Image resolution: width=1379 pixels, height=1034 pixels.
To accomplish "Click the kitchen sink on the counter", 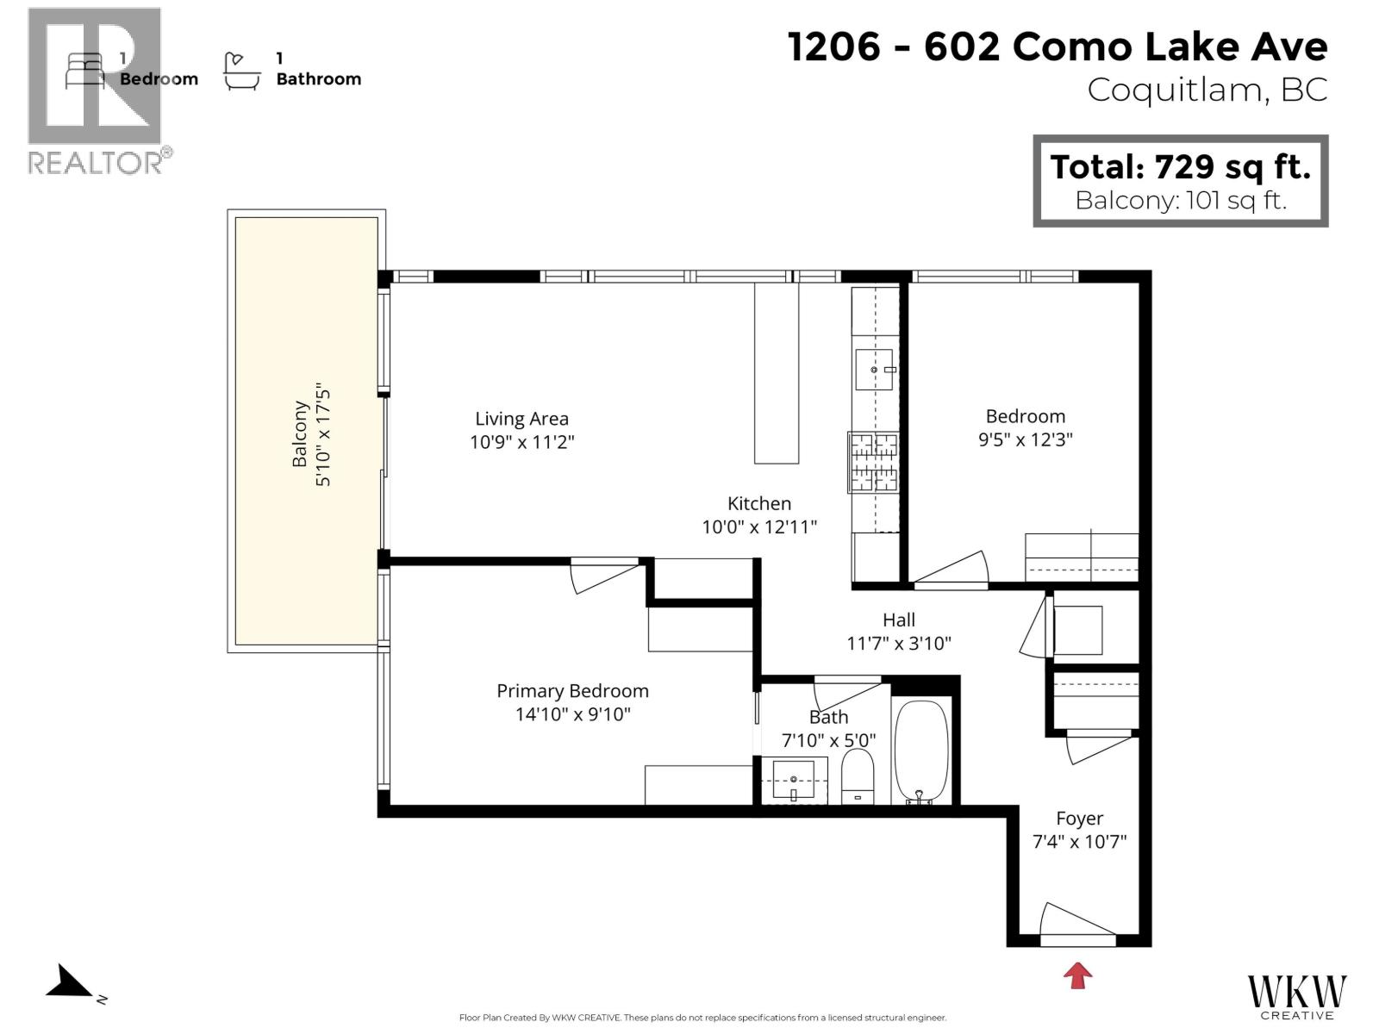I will point(874,370).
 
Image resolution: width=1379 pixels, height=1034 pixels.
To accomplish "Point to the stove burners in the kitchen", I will point(874,462).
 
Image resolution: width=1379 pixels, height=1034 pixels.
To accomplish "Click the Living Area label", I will point(521,419).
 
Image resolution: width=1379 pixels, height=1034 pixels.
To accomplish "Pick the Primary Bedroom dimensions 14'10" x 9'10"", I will point(572,714).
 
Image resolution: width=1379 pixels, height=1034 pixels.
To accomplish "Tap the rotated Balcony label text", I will point(300,433).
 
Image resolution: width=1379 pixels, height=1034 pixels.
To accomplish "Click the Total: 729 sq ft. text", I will point(1180,166).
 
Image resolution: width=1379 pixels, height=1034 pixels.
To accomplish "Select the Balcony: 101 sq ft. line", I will point(1180,201).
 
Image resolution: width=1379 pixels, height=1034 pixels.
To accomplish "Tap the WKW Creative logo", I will point(1296,995).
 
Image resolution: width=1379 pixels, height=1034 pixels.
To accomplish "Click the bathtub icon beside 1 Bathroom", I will point(241,72).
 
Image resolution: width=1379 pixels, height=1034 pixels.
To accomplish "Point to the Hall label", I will point(898,620).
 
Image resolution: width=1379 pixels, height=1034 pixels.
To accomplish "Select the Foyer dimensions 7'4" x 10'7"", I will point(1079,842).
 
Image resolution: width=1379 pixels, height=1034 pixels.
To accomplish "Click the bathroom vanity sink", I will point(793,780).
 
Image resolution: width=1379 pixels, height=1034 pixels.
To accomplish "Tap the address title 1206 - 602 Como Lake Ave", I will point(1058,47).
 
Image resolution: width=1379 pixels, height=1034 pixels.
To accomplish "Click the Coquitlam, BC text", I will point(1207,90).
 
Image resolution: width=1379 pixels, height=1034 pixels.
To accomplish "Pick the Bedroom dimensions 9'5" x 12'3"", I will point(1025,439).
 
